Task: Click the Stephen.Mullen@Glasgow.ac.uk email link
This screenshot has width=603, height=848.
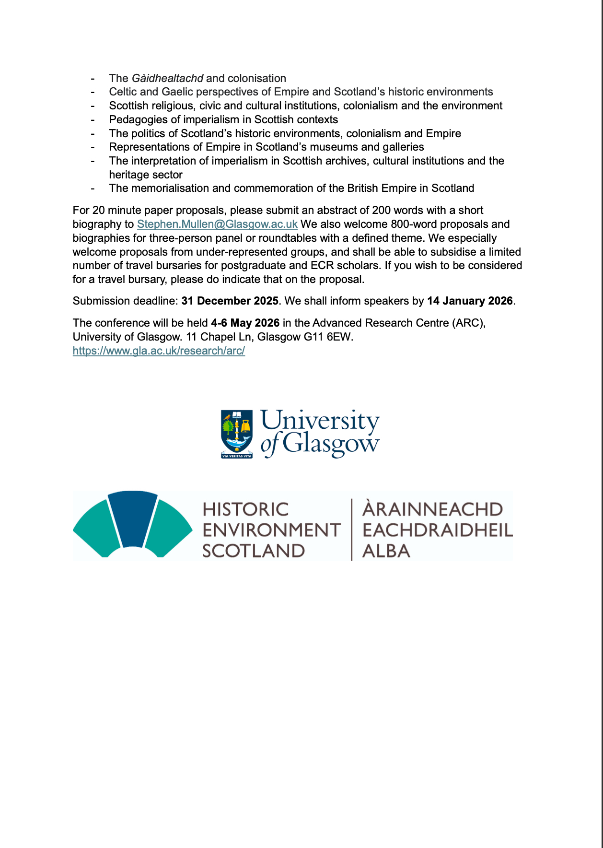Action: point(217,224)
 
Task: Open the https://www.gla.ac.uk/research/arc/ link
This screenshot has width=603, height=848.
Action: point(159,351)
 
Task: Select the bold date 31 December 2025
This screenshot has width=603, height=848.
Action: point(230,301)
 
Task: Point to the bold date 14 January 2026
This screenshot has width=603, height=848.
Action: point(470,301)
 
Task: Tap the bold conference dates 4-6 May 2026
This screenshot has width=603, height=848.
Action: point(245,323)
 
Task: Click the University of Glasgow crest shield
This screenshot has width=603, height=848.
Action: point(237,433)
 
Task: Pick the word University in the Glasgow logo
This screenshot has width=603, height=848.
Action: point(320,421)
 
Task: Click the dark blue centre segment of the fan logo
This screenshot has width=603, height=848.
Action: point(133,518)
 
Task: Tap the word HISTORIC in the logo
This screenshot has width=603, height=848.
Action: point(245,509)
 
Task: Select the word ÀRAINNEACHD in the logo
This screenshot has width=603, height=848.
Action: point(432,509)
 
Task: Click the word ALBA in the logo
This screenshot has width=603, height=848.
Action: point(386,551)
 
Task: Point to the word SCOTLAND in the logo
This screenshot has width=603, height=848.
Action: point(253,551)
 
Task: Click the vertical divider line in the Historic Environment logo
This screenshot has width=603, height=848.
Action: point(352,529)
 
